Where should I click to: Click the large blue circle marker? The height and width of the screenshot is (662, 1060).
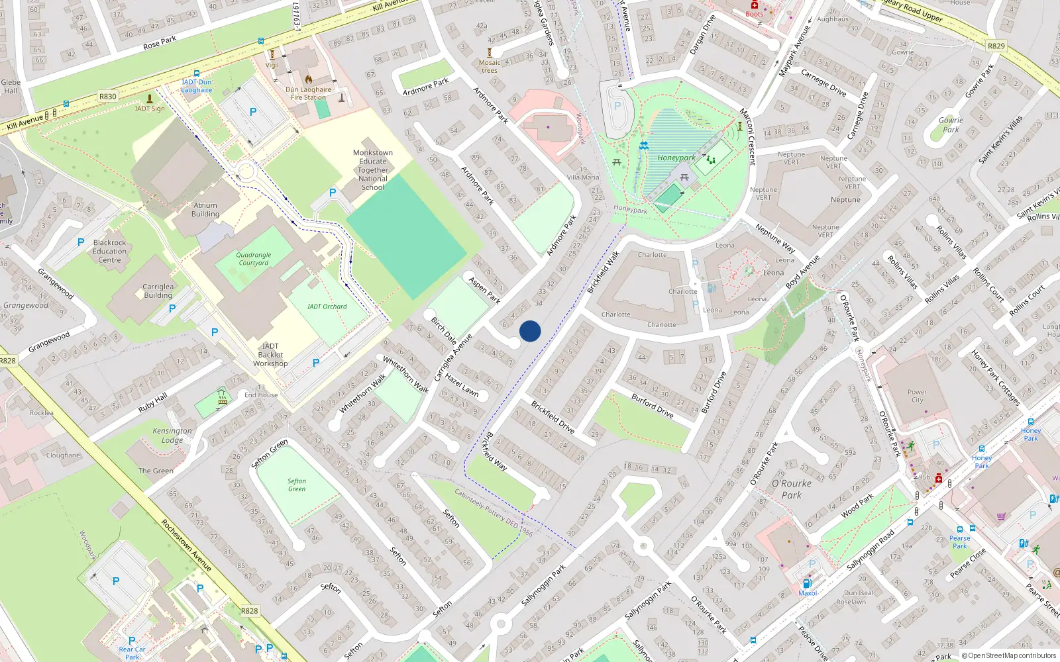530,331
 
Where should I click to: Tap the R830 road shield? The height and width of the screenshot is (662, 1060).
108,97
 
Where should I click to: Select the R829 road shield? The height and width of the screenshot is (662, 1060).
996,46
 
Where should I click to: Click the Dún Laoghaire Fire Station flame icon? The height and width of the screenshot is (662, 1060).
308,79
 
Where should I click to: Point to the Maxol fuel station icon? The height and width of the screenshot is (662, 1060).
807,583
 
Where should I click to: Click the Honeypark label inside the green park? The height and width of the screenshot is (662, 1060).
676,158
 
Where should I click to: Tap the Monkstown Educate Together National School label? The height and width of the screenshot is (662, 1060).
373,170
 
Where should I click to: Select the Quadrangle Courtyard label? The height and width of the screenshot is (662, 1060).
254,259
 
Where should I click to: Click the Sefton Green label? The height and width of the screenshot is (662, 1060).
297,485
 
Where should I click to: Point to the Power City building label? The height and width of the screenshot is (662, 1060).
917,396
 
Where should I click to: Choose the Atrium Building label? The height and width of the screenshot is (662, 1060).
205,210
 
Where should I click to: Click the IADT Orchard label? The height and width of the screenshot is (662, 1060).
327,307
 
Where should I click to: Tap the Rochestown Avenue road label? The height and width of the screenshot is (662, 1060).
186,545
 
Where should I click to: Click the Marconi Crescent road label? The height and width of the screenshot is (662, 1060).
747,137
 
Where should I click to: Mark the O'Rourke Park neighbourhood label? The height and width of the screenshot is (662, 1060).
792,489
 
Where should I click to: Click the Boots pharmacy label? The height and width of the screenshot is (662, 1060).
755,14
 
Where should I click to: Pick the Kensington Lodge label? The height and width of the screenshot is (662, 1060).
172,435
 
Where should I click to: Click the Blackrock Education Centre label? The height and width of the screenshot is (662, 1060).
109,251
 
